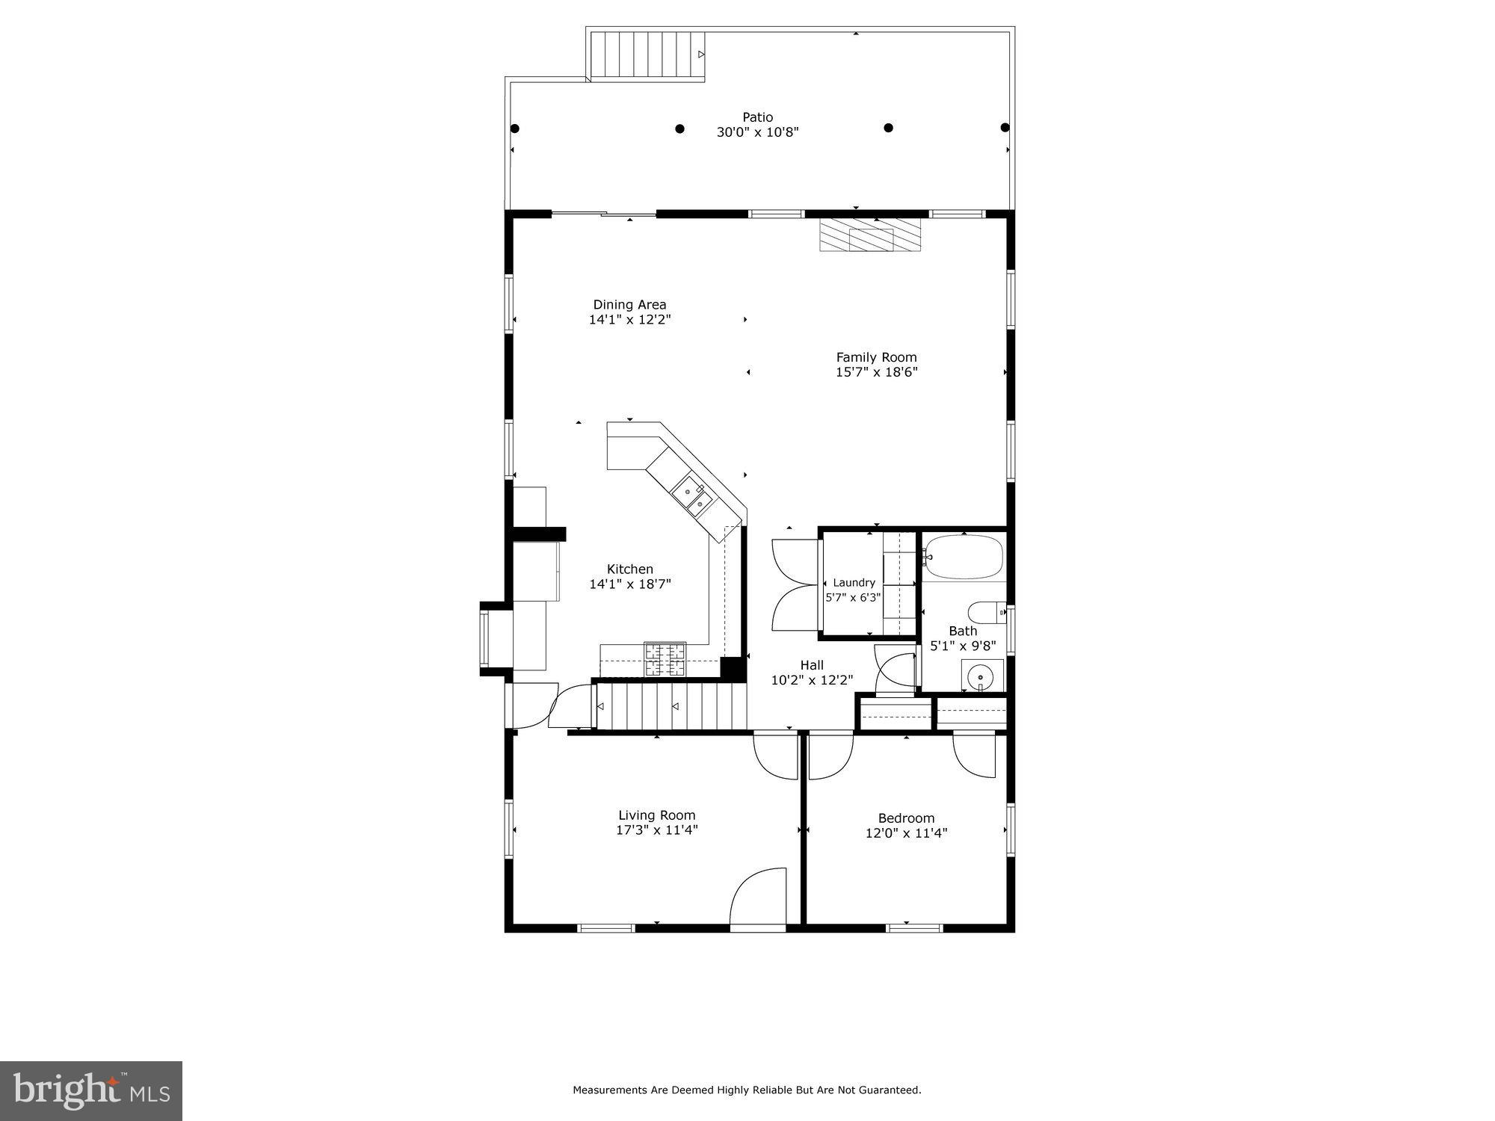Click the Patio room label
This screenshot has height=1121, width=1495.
coord(757,117)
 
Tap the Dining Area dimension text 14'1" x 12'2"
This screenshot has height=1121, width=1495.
coord(629,320)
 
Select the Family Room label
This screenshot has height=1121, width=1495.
coord(876,357)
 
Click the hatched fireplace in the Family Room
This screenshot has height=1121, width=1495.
coord(872,235)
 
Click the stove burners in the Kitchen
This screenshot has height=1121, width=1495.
coord(665,659)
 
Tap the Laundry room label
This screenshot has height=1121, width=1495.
coord(854,583)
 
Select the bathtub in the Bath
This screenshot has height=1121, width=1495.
coord(963,557)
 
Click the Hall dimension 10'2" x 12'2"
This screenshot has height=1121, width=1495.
coord(812,680)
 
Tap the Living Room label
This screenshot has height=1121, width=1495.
coord(656,815)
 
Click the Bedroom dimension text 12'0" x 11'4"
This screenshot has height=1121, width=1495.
coord(906,833)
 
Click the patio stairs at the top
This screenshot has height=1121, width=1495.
coord(647,55)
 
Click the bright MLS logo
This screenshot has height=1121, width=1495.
coord(91,1092)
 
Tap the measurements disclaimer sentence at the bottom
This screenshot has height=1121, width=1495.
coord(747,1090)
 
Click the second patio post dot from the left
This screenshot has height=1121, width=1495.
coord(679,129)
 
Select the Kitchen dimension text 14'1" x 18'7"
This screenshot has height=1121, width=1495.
coord(629,584)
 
